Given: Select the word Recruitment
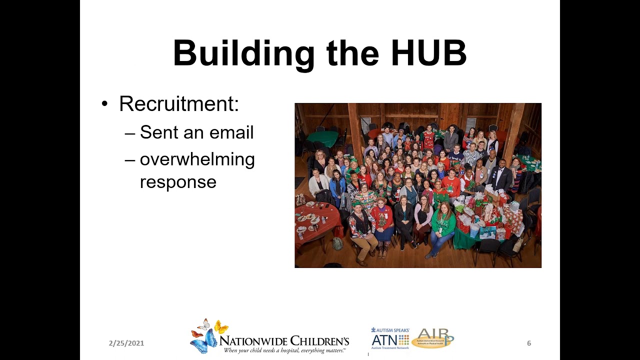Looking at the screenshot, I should pyautogui.click(x=179, y=103).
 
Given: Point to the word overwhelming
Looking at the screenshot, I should pyautogui.click(x=197, y=159).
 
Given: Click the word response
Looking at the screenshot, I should pyautogui.click(x=178, y=182).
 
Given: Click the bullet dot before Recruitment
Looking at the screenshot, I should pyautogui.click(x=104, y=104).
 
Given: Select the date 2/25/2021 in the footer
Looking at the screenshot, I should pyautogui.click(x=126, y=343).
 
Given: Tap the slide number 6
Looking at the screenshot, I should pyautogui.click(x=529, y=343).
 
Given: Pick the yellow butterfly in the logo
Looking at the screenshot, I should pyautogui.click(x=221, y=327).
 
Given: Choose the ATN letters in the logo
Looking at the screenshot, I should pyautogui.click(x=383, y=340).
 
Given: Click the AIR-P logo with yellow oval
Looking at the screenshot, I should pyautogui.click(x=432, y=338).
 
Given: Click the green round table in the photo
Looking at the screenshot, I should pyautogui.click(x=322, y=138).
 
